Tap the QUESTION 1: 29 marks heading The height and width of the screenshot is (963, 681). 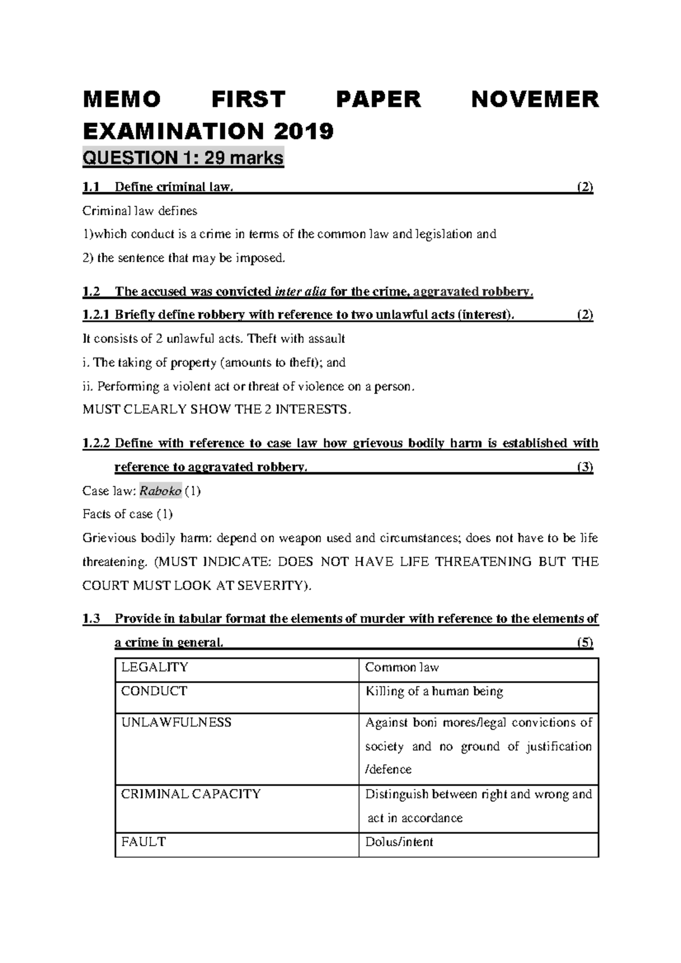point(183,158)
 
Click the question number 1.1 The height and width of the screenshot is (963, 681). point(91,187)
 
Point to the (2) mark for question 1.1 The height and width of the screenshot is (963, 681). point(585,187)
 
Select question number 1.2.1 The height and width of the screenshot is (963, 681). point(97,315)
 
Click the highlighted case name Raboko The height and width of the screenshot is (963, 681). point(161,491)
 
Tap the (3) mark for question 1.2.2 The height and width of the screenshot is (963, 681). point(585,467)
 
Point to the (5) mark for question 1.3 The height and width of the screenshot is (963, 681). point(585,643)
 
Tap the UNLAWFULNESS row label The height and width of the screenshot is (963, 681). point(176,723)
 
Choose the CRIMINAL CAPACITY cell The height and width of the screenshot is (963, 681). point(191,794)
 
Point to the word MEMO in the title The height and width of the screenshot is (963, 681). point(121,100)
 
